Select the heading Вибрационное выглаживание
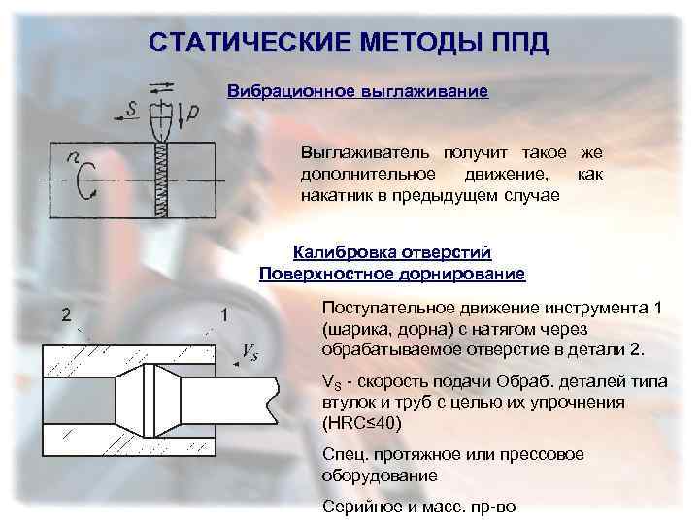click(x=356, y=91)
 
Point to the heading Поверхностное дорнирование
click(x=392, y=274)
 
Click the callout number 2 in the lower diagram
click(x=66, y=313)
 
